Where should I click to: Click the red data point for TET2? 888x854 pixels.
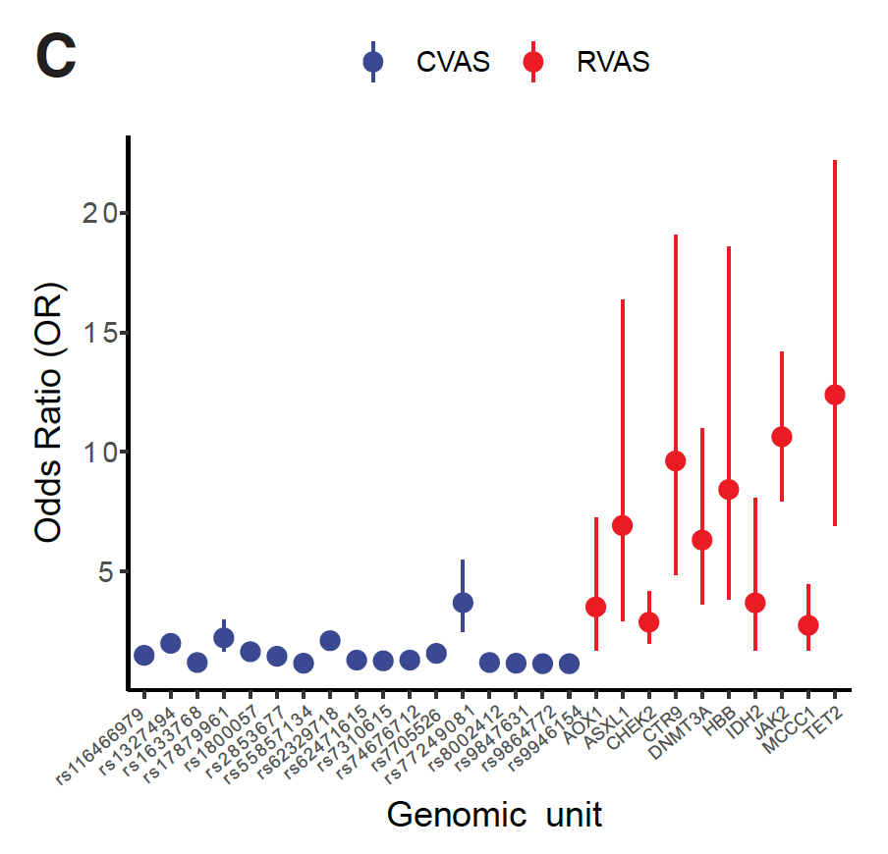click(x=835, y=395)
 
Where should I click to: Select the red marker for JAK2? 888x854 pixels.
click(x=782, y=437)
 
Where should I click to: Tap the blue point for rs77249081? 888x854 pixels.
click(x=463, y=602)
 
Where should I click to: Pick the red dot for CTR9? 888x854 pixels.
click(x=676, y=460)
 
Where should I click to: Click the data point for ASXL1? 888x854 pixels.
click(x=622, y=525)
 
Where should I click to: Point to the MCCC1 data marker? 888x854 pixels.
click(x=808, y=625)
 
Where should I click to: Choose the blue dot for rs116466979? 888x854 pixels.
click(x=144, y=656)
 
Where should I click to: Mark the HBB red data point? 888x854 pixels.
click(x=729, y=489)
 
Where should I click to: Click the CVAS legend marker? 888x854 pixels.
click(x=373, y=63)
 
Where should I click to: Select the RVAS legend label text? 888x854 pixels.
click(x=613, y=63)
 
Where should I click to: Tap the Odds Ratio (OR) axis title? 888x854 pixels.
click(x=48, y=412)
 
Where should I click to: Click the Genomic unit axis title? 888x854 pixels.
click(x=494, y=815)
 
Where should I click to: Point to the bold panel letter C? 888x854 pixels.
click(x=55, y=57)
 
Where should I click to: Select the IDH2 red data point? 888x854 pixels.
click(x=755, y=603)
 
